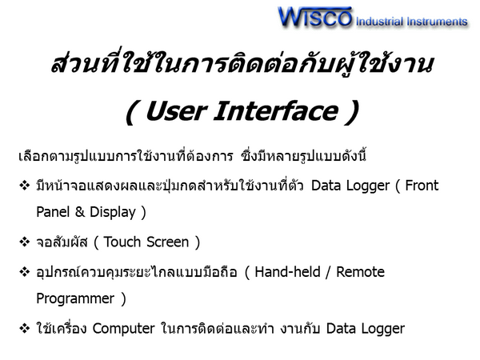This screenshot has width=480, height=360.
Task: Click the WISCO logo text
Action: click(315, 17)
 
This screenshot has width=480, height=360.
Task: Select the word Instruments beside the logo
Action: click(437, 22)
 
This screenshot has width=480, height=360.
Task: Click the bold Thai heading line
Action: click(242, 65)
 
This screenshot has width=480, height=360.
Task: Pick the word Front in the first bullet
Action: click(422, 186)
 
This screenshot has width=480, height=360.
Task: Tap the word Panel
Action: click(53, 212)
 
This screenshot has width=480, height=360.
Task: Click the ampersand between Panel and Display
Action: click(79, 212)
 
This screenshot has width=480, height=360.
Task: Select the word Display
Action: click(113, 213)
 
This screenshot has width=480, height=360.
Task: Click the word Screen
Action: click(167, 242)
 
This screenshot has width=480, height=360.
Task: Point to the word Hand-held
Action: click(287, 271)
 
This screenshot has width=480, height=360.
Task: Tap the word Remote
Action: click(360, 272)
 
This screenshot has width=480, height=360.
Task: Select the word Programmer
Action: click(75, 299)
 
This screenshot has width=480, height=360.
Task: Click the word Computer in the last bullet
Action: click(124, 329)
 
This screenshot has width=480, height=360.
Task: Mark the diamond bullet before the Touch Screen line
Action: click(25, 242)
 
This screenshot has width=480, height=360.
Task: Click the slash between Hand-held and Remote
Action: click(328, 272)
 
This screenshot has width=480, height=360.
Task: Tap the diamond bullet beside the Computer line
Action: click(25, 329)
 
